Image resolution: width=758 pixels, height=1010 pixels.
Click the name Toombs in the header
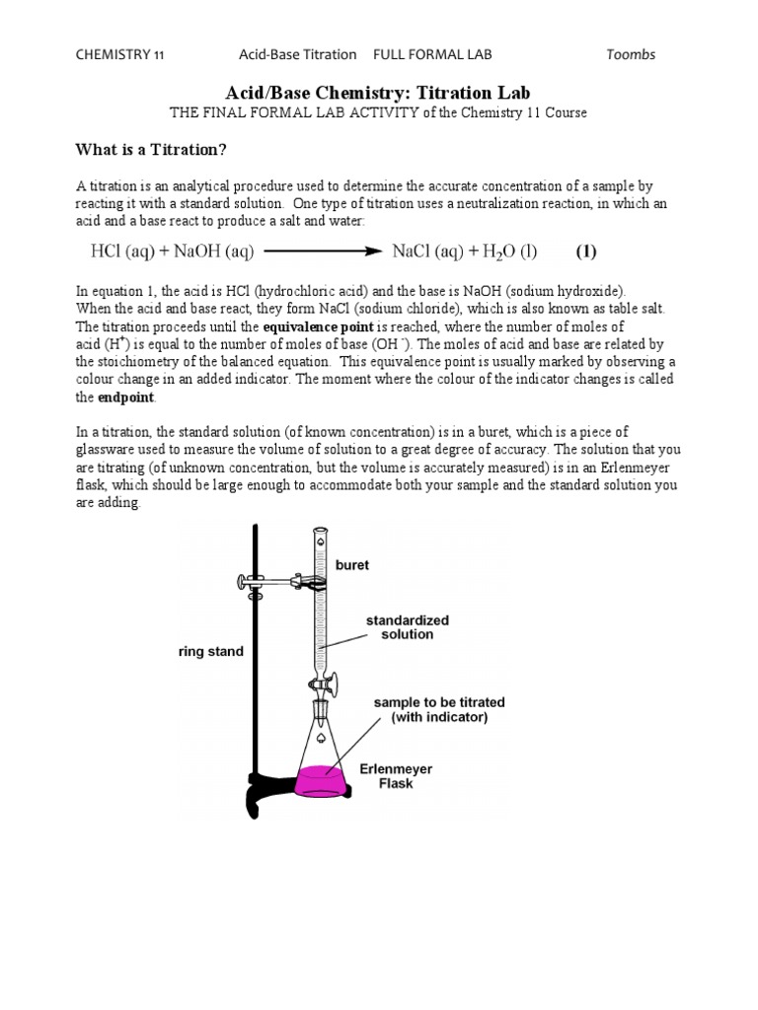coord(630,54)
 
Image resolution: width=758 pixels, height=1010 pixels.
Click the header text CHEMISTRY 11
coord(120,54)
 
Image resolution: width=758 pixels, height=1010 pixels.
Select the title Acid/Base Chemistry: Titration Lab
coord(379,92)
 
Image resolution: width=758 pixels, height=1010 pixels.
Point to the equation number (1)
coord(586,252)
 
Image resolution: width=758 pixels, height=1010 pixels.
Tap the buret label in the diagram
coord(352,565)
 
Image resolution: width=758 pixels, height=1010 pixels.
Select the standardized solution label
coord(408,627)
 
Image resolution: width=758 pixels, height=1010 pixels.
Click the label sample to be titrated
coord(438,709)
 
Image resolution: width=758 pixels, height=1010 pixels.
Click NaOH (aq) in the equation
coord(213,252)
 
